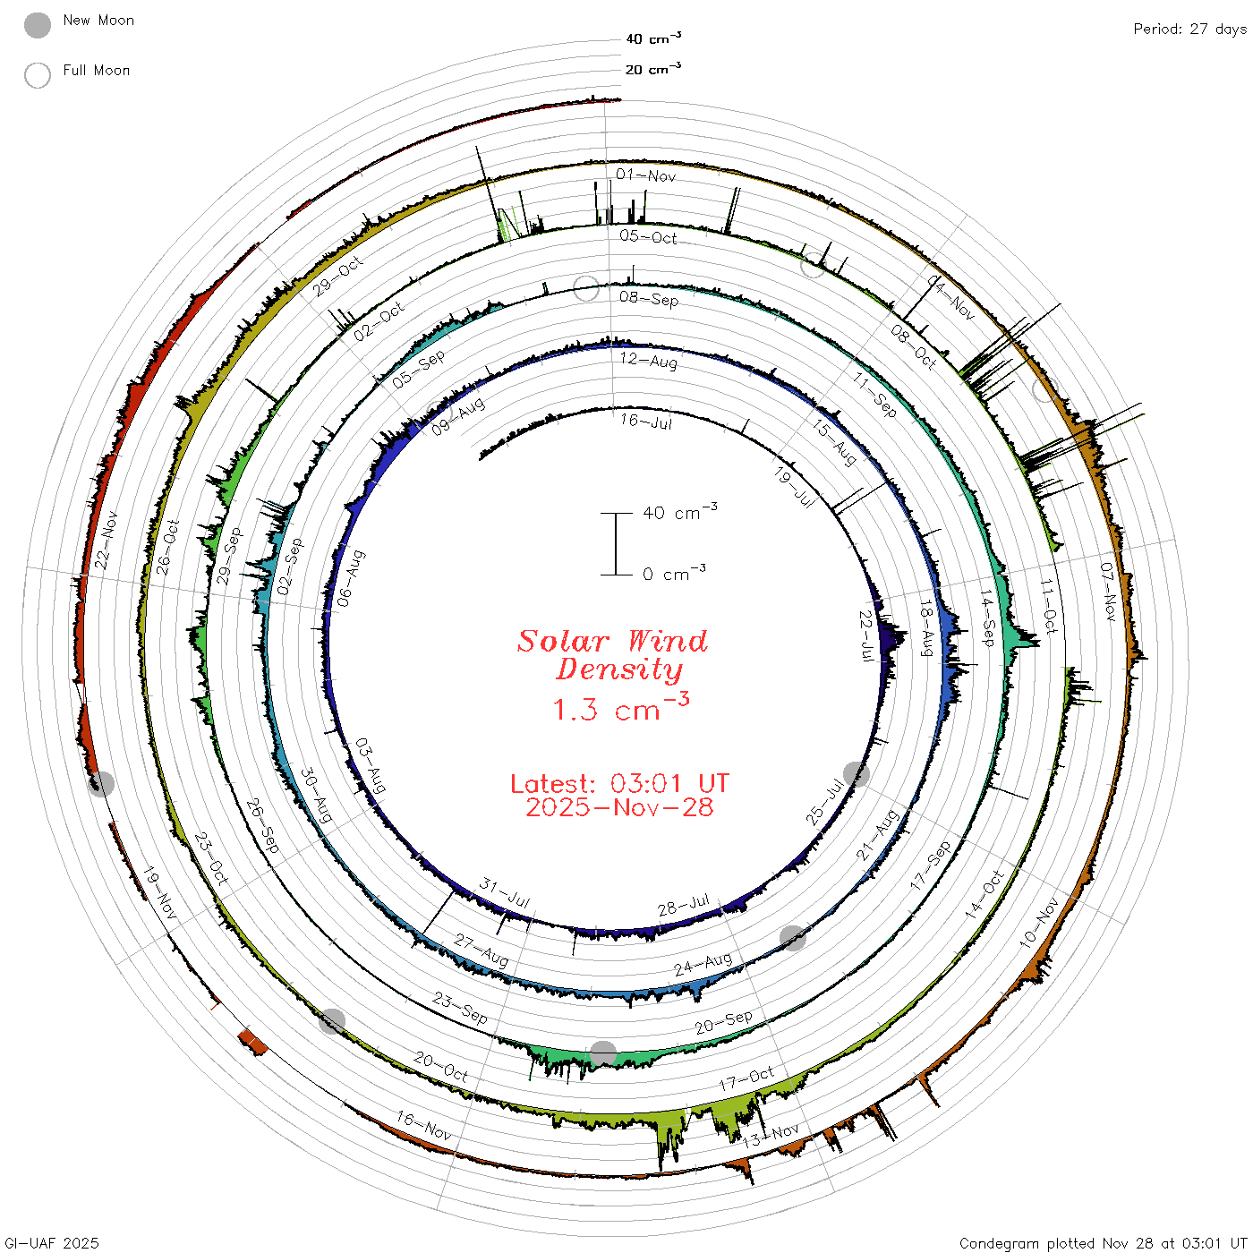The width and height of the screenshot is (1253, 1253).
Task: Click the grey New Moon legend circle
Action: click(x=37, y=25)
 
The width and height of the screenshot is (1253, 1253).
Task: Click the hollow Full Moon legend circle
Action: click(x=37, y=75)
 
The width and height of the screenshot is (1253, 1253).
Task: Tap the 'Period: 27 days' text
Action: click(x=1189, y=30)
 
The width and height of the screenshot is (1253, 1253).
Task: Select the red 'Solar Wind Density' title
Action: click(x=612, y=655)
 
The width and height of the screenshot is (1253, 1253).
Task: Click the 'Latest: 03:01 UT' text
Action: click(x=619, y=783)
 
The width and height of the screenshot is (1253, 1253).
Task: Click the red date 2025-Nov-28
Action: click(x=619, y=807)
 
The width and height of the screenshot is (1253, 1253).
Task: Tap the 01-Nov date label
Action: click(x=645, y=175)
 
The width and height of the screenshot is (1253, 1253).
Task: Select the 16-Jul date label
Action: click(x=645, y=422)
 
